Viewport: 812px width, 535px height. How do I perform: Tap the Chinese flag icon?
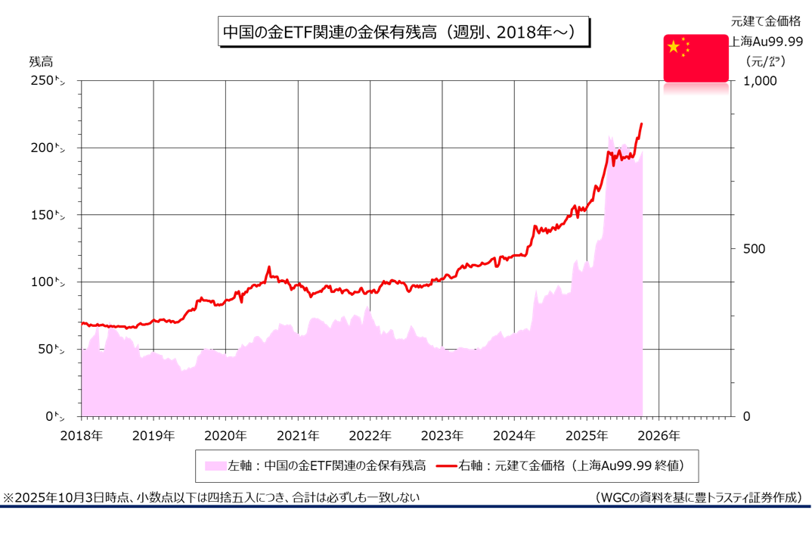[696, 58]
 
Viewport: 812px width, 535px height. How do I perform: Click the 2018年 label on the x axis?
[82, 436]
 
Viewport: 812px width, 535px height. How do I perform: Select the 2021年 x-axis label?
[298, 436]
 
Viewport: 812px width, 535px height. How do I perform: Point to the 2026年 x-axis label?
[659, 436]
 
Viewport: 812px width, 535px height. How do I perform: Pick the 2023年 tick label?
[442, 436]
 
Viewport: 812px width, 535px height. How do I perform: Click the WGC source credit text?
[698, 497]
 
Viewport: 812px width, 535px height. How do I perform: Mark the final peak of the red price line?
[642, 123]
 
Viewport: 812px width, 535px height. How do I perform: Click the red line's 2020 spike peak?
[268, 267]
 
